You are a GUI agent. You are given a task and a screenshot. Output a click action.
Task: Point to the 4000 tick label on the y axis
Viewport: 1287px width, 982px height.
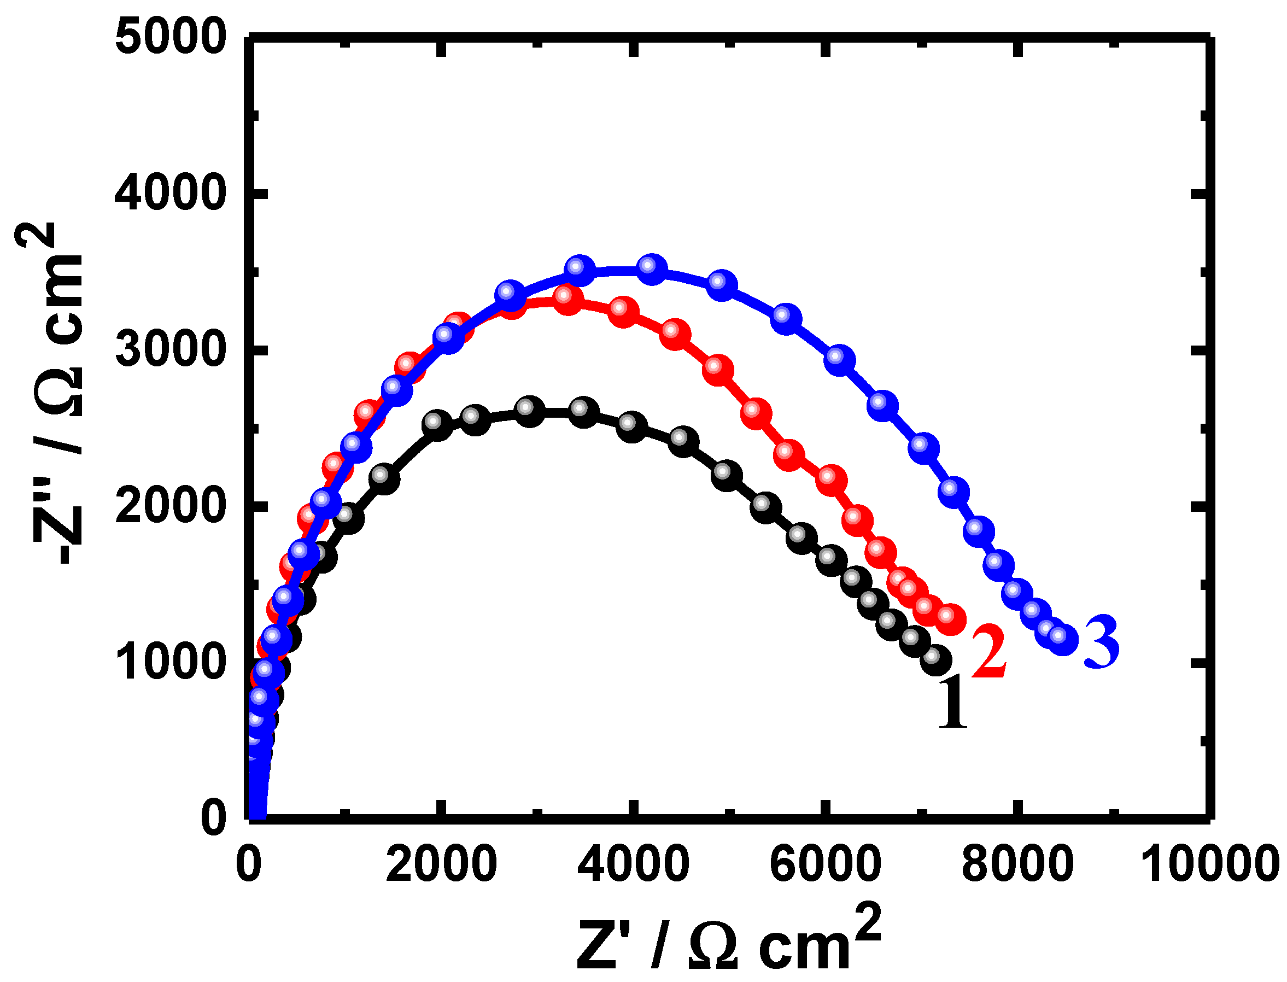pos(170,194)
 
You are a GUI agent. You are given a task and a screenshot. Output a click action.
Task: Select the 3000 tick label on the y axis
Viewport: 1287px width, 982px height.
pos(170,350)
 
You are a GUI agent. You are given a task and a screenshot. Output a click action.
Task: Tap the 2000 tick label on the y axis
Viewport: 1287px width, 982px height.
pos(170,506)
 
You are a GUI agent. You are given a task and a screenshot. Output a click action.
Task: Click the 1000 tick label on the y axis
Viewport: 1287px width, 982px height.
pos(170,663)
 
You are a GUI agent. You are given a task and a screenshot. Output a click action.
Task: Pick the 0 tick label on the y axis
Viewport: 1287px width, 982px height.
pos(213,818)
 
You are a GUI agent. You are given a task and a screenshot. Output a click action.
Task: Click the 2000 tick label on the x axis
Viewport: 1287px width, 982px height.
pos(441,864)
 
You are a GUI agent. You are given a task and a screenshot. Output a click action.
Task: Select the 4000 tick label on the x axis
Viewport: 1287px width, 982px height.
pos(634,864)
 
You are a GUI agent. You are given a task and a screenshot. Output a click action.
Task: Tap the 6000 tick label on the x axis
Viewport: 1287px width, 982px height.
pos(826,864)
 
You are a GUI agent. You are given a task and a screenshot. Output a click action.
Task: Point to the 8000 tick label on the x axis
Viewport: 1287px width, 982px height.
pos(1018,864)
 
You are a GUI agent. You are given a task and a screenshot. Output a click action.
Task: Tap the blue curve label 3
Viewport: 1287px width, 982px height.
pos(1102,642)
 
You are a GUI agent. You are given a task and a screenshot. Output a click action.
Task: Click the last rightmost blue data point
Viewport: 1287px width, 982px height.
pos(1062,639)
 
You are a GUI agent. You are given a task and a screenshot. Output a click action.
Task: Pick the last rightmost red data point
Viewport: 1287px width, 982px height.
pos(950,618)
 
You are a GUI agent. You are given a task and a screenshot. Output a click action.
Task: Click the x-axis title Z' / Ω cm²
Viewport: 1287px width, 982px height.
pos(728,938)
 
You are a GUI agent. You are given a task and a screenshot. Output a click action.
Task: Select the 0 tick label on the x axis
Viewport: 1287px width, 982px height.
pos(249,864)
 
